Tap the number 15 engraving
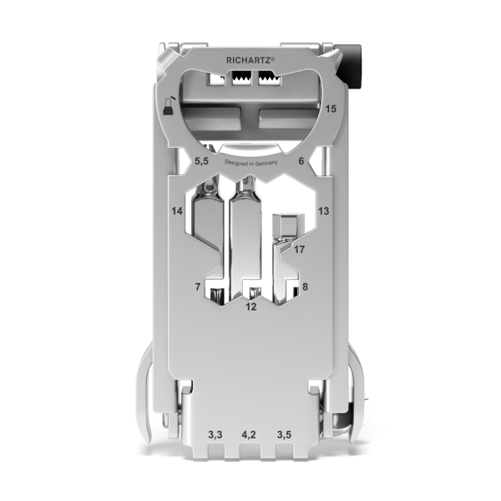331,109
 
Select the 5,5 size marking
201,161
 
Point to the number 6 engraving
301,160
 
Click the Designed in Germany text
251,163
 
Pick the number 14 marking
177,211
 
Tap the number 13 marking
323,211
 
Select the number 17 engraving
300,249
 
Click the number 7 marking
198,287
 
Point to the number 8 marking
305,286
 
